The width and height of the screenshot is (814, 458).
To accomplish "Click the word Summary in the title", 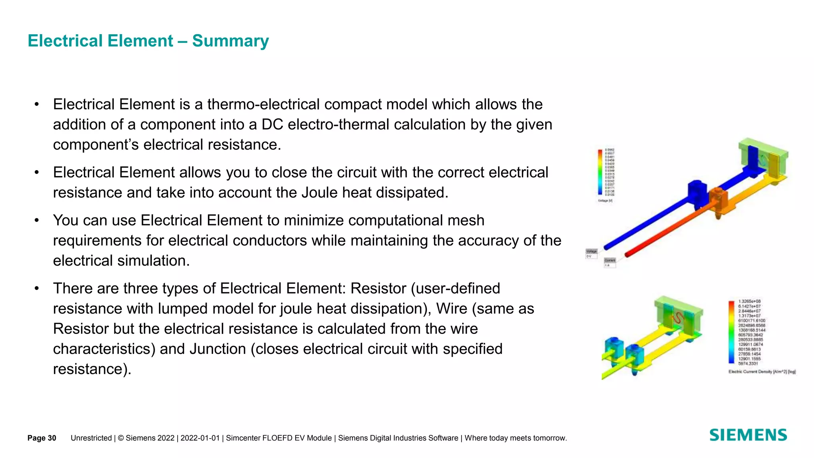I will (x=230, y=41).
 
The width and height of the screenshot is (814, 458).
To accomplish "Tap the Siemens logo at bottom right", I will (x=748, y=435).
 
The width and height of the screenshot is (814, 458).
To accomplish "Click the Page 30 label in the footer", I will (x=42, y=438).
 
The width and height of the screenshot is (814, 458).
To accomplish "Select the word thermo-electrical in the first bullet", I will (x=263, y=105).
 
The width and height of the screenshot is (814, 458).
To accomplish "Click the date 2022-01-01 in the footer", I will (x=200, y=438).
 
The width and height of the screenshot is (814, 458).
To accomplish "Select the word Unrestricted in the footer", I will (x=91, y=438).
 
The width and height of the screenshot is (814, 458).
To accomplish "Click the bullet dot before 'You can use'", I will (x=37, y=220).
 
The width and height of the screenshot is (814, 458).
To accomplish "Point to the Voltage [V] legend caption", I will (x=605, y=201).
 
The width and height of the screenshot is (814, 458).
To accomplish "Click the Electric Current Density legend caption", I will (x=762, y=372).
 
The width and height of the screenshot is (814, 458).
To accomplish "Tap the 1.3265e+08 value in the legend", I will (x=749, y=301).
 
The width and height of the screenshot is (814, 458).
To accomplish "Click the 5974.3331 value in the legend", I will (x=748, y=363).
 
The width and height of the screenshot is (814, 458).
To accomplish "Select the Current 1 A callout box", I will (x=610, y=262).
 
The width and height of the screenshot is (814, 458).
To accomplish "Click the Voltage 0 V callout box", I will (x=591, y=254).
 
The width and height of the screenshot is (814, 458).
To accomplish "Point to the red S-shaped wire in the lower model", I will (x=677, y=318).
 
